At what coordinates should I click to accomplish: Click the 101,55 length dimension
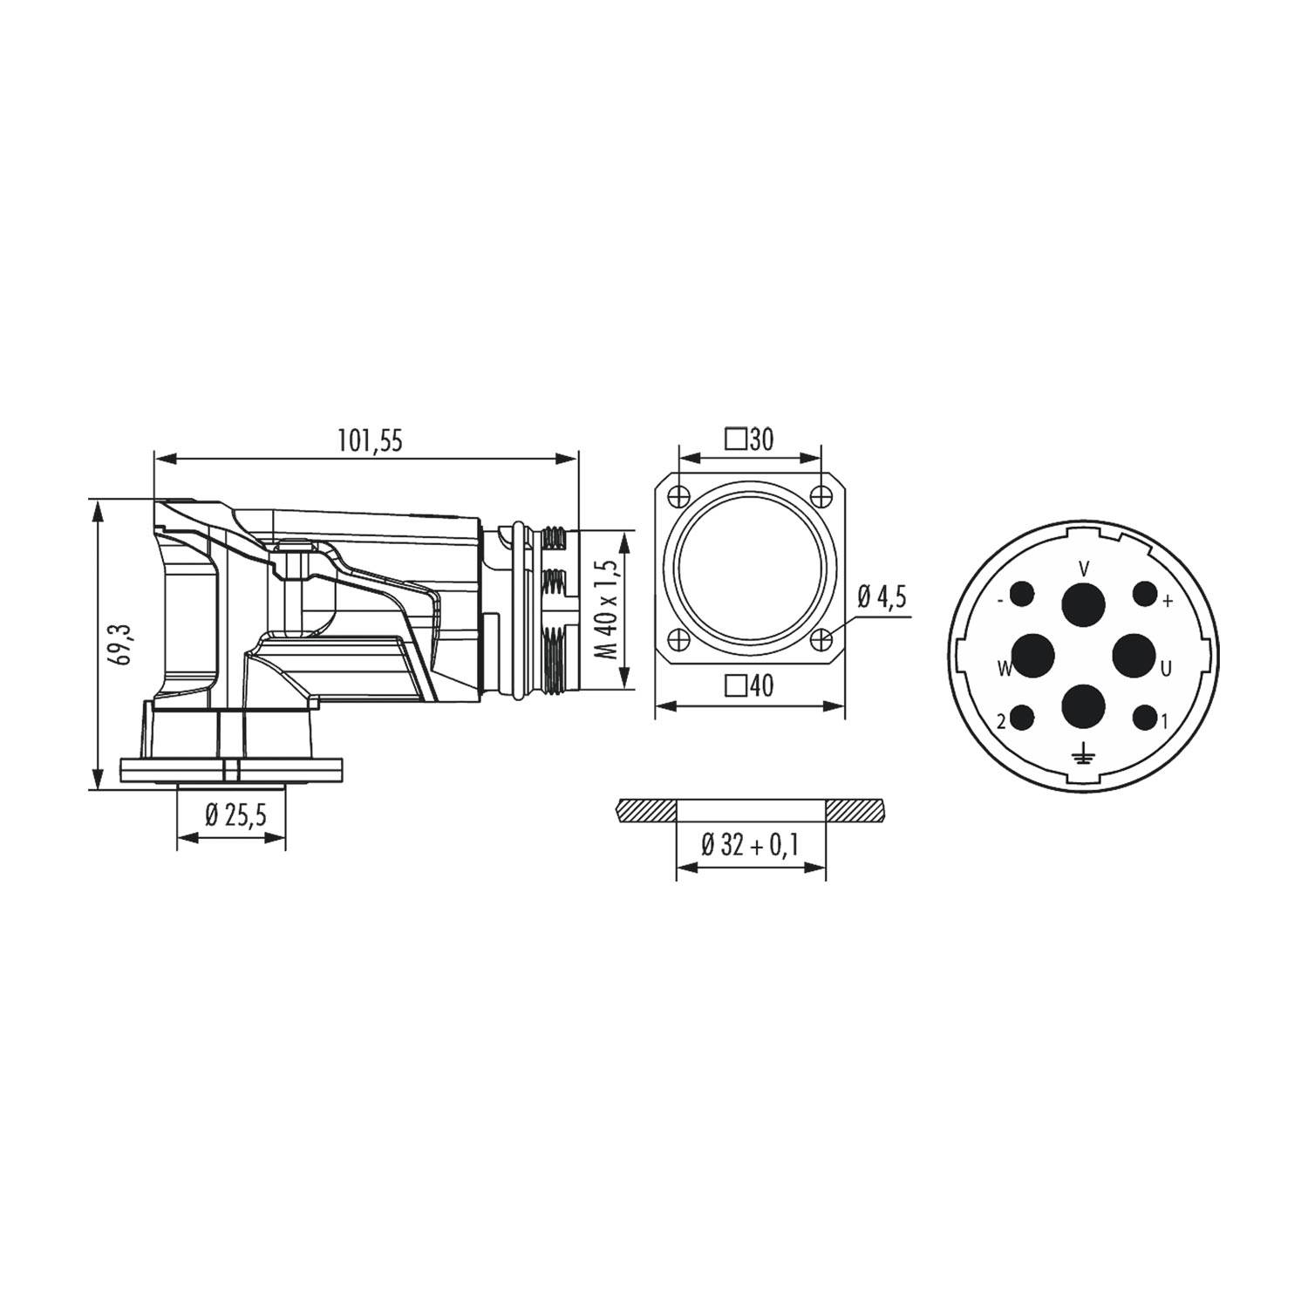371,441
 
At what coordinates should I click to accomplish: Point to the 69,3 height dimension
121,644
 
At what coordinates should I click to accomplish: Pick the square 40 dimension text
750,686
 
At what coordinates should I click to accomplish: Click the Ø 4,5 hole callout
882,597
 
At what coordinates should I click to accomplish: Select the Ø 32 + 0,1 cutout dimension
751,844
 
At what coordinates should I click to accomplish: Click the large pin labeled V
1084,603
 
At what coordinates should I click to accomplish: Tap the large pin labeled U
1134,655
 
